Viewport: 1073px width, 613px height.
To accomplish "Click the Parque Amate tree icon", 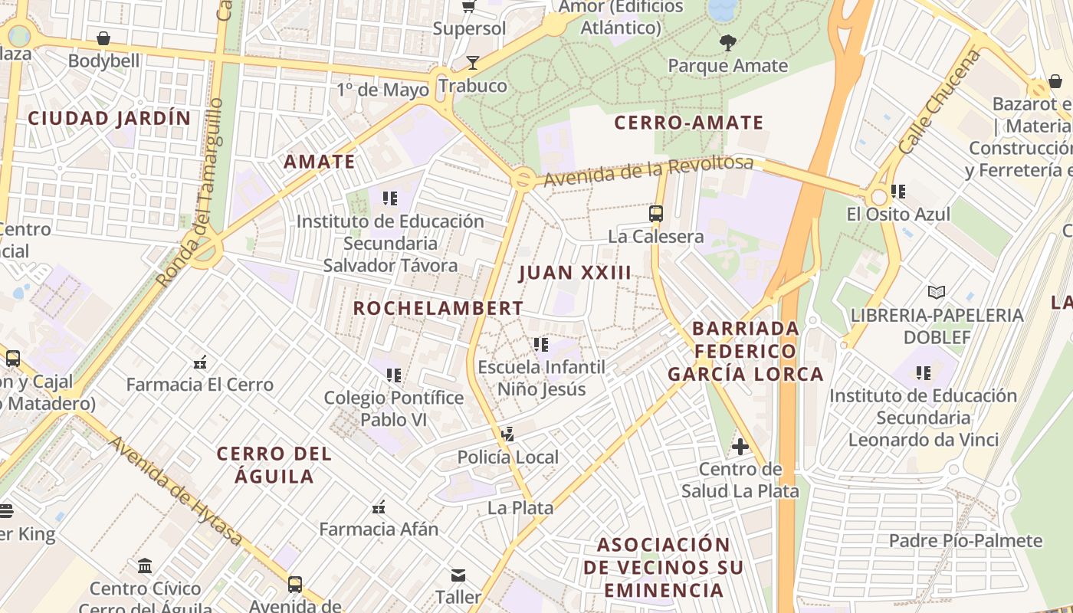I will click(x=728, y=43).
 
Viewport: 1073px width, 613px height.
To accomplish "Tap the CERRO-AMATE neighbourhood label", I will click(x=689, y=123).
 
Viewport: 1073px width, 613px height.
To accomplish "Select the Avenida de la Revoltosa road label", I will click(x=648, y=171).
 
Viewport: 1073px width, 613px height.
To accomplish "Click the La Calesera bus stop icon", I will click(x=656, y=214).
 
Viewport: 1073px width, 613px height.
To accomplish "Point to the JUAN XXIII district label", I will click(x=575, y=273).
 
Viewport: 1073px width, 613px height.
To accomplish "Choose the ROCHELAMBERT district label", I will click(x=438, y=308).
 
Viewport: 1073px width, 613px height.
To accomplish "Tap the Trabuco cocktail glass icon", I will click(x=473, y=63).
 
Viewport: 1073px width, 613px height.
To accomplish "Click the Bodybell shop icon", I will click(x=103, y=38).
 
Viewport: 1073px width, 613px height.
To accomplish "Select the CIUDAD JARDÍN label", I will click(x=109, y=118).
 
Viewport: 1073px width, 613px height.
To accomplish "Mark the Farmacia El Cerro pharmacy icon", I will click(x=200, y=362).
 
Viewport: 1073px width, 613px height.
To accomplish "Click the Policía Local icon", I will click(x=507, y=434).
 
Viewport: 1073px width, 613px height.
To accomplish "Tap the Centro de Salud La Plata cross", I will click(x=740, y=446).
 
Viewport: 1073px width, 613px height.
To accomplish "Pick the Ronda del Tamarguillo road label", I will click(x=189, y=193).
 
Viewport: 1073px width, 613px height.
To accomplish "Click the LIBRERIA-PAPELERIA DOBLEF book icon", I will click(x=937, y=292).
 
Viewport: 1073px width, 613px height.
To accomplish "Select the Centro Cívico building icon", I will click(x=145, y=566).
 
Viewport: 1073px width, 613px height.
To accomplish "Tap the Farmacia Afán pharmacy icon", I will click(x=379, y=506).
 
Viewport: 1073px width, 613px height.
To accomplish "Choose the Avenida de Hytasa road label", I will click(x=176, y=492).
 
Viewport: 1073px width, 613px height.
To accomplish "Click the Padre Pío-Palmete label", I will click(x=966, y=541).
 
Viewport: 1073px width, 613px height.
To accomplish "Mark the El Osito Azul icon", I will click(x=898, y=192).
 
